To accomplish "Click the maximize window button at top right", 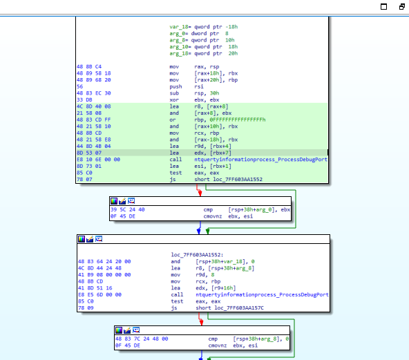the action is tap(383, 6).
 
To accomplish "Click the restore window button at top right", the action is tap(402, 6).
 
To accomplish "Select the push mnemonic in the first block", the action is tap(175, 86).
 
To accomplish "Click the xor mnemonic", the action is tap(174, 100).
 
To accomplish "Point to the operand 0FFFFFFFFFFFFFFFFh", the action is tap(238, 120).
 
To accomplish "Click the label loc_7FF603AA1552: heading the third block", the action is tap(197, 255).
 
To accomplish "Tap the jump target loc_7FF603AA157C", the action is tap(239, 308).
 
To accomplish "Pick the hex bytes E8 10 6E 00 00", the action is tap(98, 160).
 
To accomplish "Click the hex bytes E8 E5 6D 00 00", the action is tap(99, 295).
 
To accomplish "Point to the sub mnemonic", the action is tap(174, 93).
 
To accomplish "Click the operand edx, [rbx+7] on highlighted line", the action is tap(213, 153).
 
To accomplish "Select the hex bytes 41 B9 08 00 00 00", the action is tap(104, 275).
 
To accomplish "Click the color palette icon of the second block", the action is tap(114, 201).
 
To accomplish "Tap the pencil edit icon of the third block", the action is tap(90, 239).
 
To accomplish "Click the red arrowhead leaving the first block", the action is tap(200, 193).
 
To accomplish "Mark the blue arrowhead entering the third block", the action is tap(199, 231).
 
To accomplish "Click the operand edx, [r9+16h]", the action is tap(216, 288).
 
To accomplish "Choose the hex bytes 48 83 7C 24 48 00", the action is tap(142, 339).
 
